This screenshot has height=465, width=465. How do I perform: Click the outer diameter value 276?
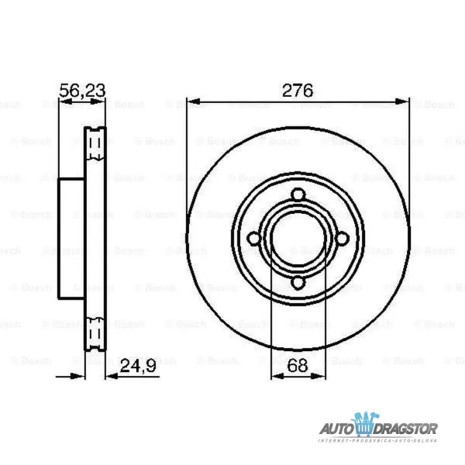click(297, 90)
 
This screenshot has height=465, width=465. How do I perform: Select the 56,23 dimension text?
click(82, 90)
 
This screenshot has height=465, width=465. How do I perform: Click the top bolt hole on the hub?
click(297, 196)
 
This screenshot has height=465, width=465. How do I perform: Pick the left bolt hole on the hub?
click(254, 239)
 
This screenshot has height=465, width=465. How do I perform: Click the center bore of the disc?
click(297, 239)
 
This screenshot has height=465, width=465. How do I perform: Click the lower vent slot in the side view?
click(96, 334)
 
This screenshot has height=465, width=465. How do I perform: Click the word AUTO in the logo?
click(338, 426)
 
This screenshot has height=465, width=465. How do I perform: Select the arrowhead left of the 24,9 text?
click(108, 374)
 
